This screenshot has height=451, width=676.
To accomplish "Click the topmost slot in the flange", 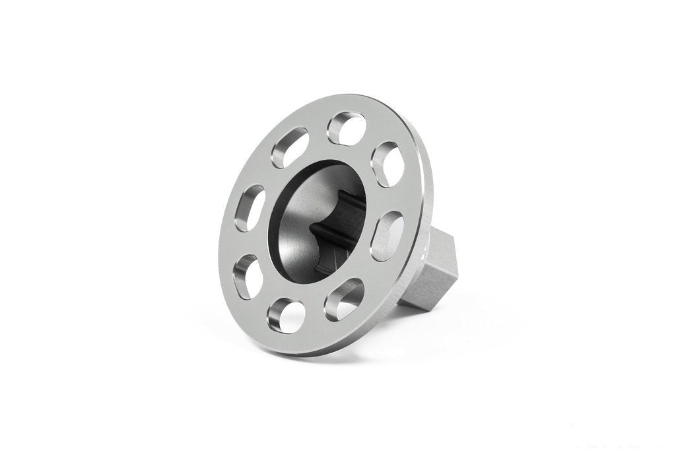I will [x=347, y=127].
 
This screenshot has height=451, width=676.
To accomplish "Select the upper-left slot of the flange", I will [x=289, y=147].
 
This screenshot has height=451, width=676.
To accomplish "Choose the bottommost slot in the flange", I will [x=288, y=314].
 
